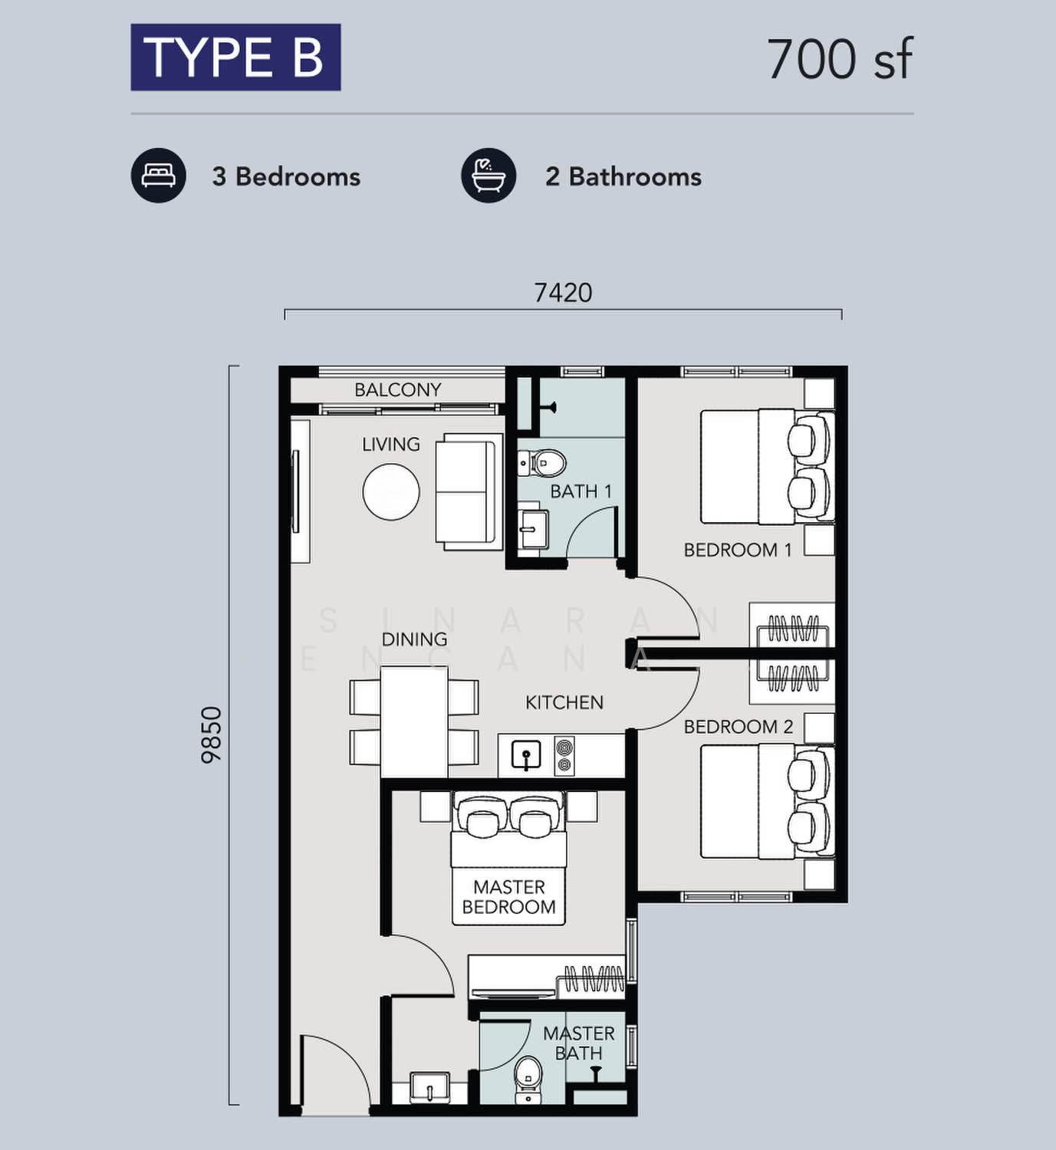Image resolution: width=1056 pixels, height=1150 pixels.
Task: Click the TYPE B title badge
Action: click(235, 58)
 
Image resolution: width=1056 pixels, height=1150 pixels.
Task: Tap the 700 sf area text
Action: click(840, 59)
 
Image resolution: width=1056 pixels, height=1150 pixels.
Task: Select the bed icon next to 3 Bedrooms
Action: click(158, 176)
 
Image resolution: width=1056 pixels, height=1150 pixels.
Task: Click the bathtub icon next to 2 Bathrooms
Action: click(489, 176)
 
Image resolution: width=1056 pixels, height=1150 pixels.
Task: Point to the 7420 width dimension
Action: click(563, 293)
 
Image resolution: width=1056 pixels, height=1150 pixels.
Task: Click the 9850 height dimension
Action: click(211, 735)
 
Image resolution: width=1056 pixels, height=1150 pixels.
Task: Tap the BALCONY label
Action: click(397, 389)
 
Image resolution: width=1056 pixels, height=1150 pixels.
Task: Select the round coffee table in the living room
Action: click(391, 492)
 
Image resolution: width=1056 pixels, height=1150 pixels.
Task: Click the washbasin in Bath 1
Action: click(533, 528)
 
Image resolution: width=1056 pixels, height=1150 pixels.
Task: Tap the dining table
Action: click(414, 722)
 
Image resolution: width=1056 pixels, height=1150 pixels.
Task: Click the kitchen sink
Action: click(526, 756)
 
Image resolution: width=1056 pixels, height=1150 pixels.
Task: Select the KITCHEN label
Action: click(564, 702)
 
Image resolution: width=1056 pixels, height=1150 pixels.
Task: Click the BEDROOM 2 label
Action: click(739, 727)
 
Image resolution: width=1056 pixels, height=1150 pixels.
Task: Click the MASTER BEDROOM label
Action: click(508, 897)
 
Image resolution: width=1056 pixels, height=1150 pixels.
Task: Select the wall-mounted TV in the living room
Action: click(295, 492)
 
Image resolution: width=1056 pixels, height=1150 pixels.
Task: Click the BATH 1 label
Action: click(581, 491)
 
